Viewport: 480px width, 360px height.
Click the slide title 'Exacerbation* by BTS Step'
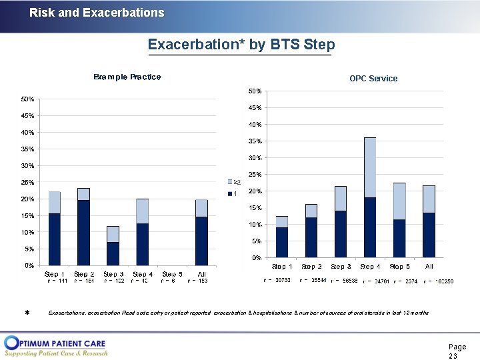point(241,45)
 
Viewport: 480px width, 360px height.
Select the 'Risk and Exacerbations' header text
point(97,13)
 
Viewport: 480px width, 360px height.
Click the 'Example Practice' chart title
point(127,77)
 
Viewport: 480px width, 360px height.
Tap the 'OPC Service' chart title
point(373,79)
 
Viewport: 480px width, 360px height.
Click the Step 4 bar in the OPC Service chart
point(369,197)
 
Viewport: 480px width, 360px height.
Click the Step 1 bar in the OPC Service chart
point(282,237)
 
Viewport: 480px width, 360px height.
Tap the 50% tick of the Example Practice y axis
point(27,99)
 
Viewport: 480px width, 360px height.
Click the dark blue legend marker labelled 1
point(231,193)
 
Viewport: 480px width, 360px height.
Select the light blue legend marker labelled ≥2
point(231,181)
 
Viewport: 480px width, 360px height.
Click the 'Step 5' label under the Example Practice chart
point(172,274)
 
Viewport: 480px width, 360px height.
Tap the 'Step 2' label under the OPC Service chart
point(311,267)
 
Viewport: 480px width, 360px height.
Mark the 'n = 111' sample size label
point(56,281)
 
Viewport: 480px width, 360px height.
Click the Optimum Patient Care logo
point(56,346)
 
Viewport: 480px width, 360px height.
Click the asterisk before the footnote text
point(27,313)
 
